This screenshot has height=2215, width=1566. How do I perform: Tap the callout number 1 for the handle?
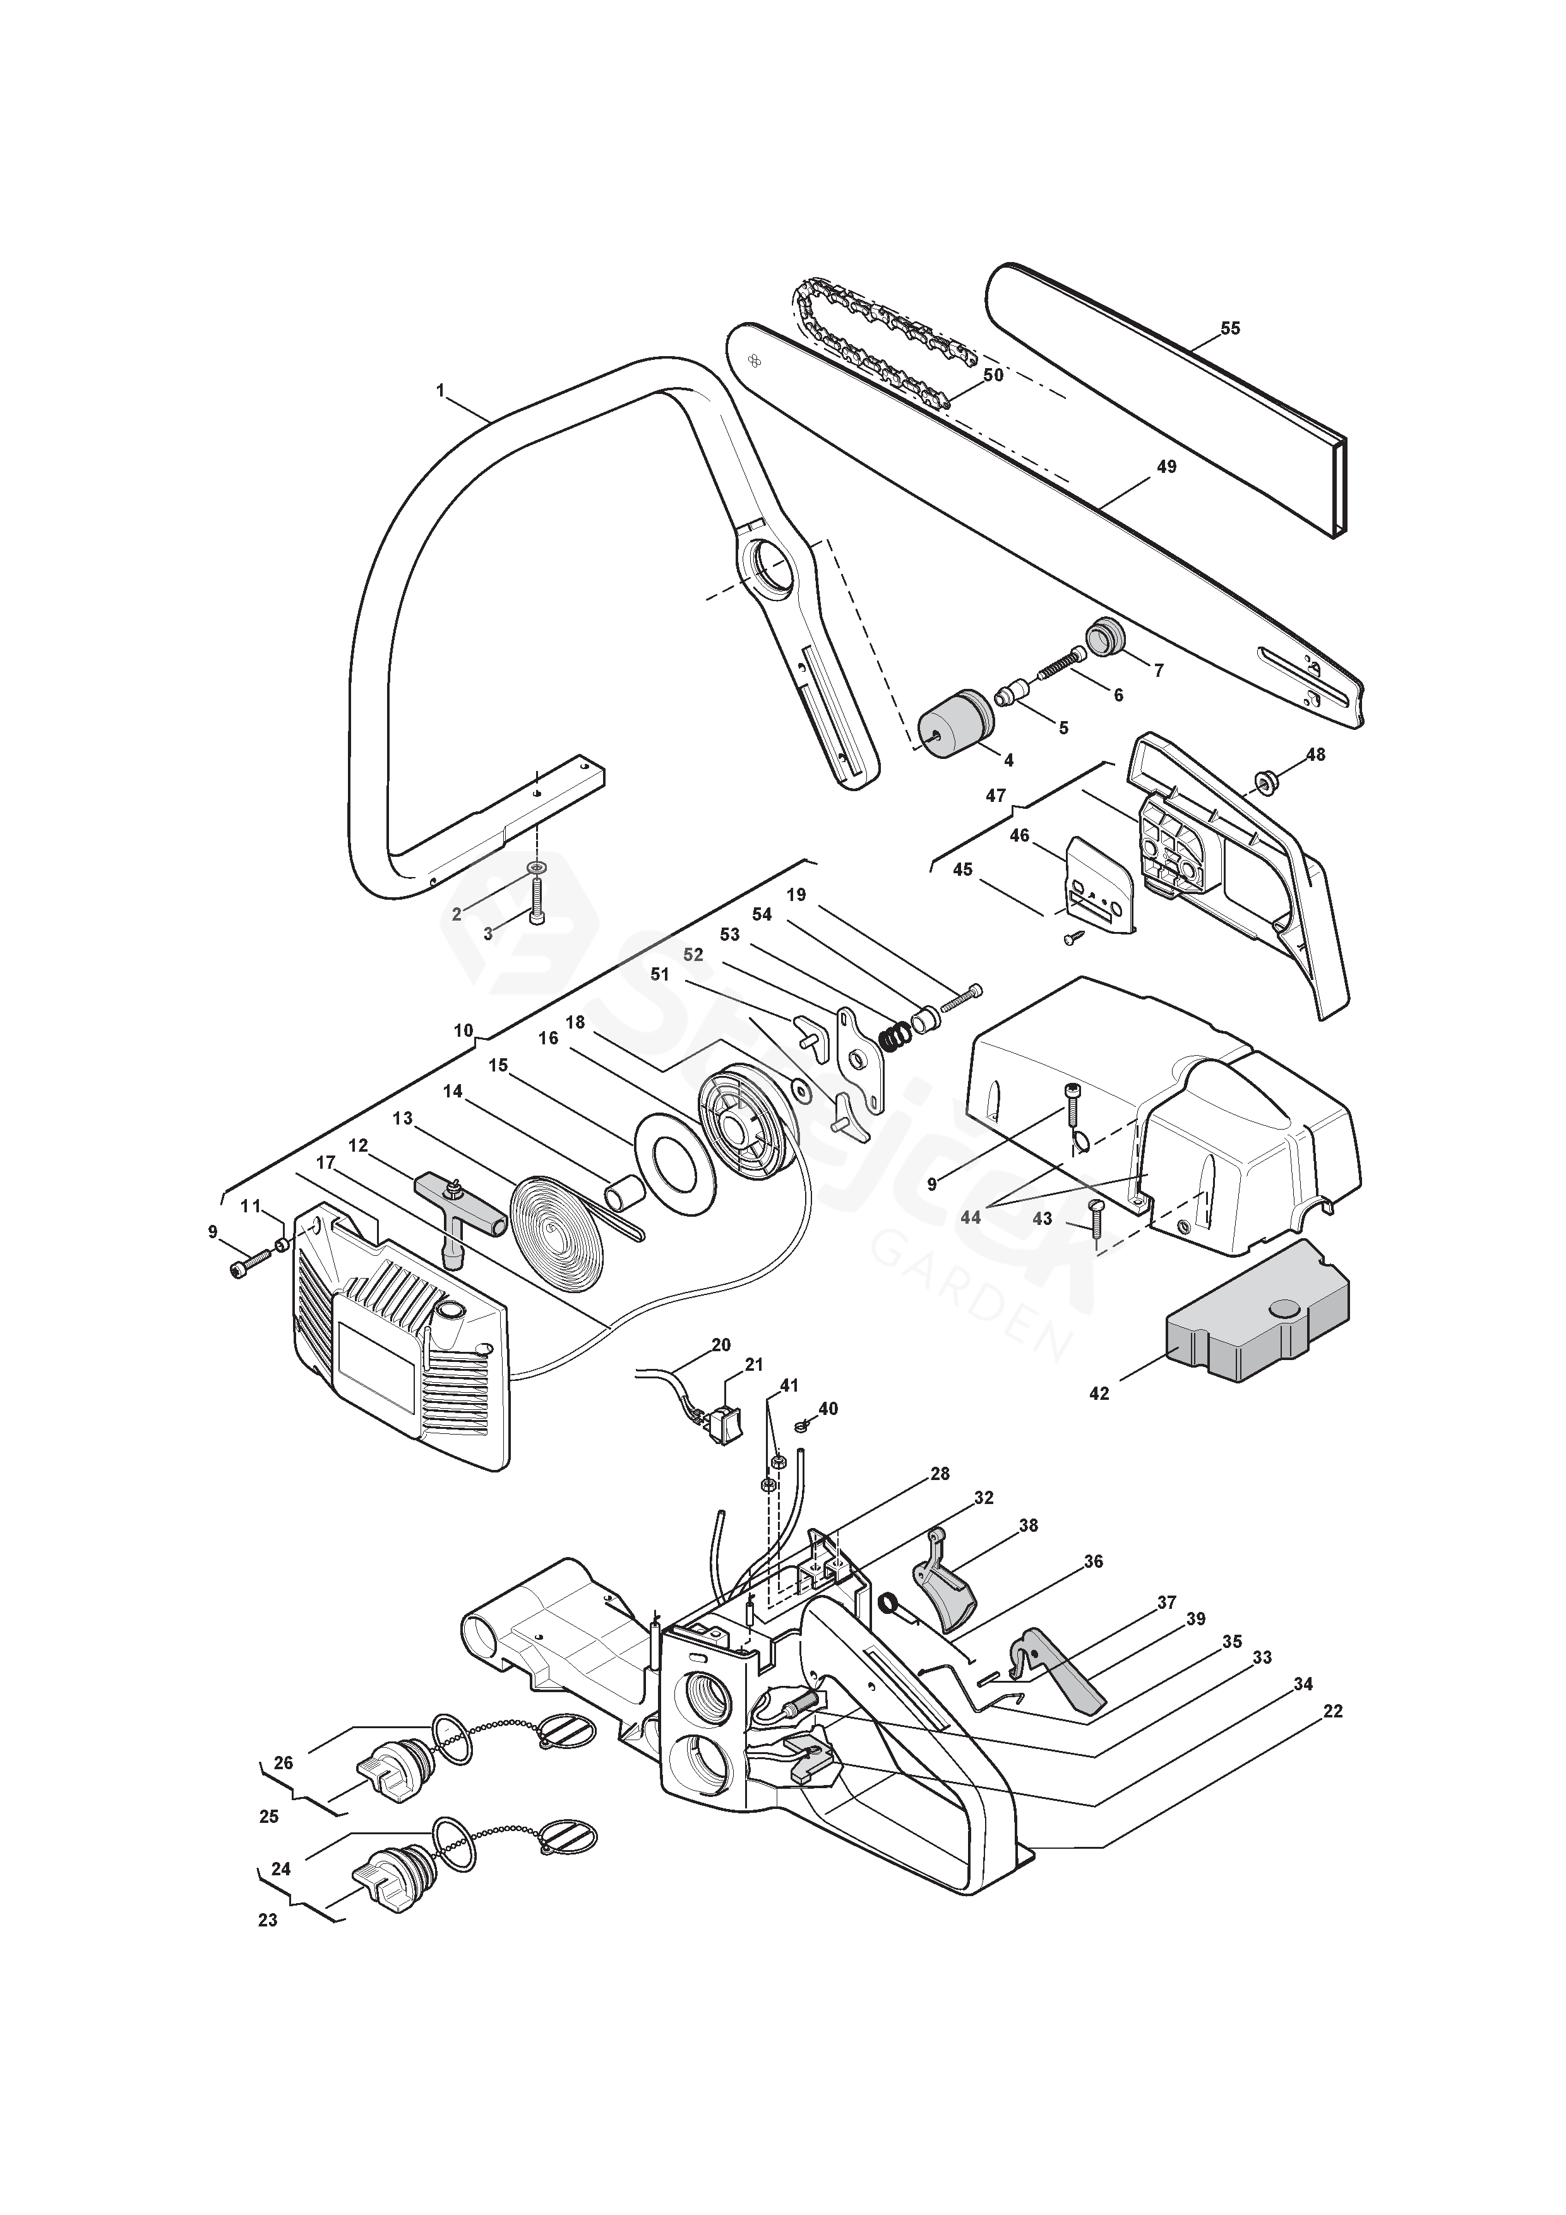[441, 391]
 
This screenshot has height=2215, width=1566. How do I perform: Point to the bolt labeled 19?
[965, 996]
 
